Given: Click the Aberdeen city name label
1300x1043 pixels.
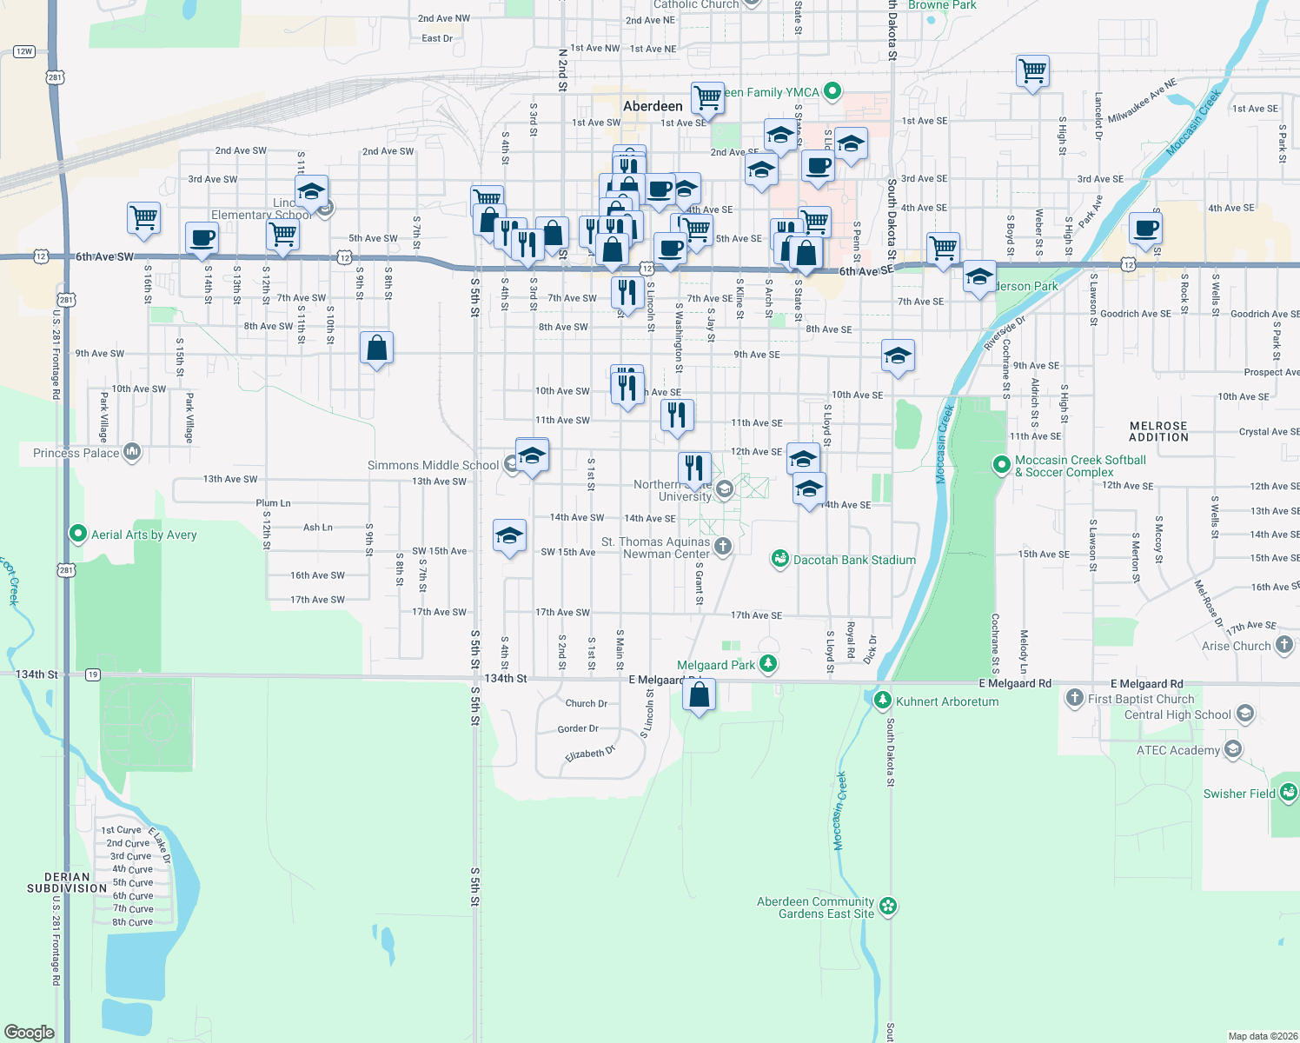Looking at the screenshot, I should [653, 106].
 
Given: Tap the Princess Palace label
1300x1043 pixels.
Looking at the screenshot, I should [76, 453].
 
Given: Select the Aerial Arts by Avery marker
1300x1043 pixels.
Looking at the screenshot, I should [78, 534].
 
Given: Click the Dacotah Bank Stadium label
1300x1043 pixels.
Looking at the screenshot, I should [854, 560].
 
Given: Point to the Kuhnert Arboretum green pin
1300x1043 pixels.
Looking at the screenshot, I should [883, 700].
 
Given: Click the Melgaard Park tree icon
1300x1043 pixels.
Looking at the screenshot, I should [768, 665].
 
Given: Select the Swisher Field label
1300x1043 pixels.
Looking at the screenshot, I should [1239, 794].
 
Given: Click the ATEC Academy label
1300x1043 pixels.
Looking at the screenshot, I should [1177, 750].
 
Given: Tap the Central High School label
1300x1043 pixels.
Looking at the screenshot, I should [1177, 714].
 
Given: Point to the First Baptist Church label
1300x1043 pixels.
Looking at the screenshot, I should [1141, 699].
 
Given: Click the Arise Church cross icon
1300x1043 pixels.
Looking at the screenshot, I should [1284, 645].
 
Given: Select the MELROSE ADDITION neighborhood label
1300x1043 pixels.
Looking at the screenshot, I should [1158, 431].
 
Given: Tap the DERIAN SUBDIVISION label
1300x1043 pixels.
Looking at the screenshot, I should [67, 882].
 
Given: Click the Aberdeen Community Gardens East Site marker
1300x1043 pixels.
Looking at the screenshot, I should [887, 907].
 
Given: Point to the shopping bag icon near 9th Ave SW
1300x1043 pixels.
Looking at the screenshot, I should [377, 349].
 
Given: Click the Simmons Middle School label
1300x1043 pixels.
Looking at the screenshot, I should [433, 465].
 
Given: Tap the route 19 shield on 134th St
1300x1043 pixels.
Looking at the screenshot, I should [93, 674].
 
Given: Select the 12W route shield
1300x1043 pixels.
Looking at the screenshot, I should [24, 51].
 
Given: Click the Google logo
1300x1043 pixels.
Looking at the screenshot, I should [30, 1032].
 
